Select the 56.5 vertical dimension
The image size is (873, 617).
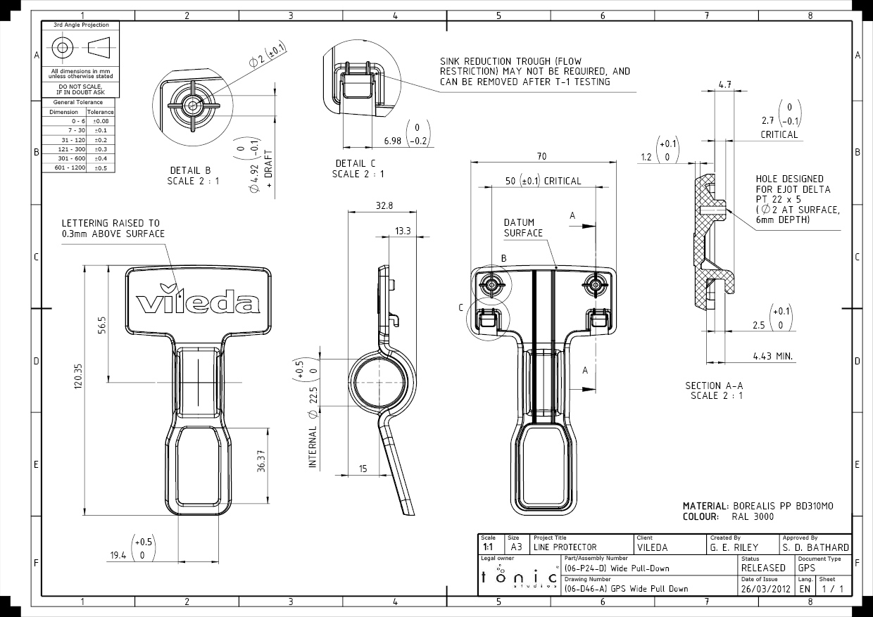[101, 326]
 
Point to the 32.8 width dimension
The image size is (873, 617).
[384, 206]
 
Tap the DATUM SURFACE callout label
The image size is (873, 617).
[523, 227]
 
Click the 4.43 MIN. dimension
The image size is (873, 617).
[773, 357]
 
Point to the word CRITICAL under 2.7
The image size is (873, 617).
[779, 134]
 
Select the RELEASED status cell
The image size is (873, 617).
[763, 568]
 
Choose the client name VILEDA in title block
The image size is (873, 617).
[652, 547]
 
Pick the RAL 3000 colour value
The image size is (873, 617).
[752, 516]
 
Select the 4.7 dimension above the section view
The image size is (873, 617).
[724, 84]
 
